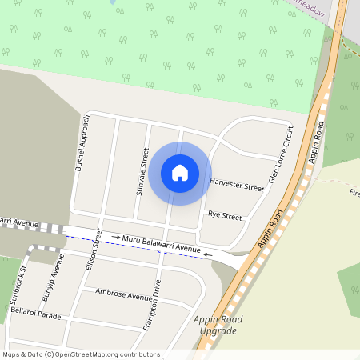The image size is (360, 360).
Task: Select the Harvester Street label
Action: (x=236, y=185)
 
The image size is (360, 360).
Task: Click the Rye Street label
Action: (x=224, y=215)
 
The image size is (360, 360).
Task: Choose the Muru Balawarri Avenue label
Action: (x=161, y=244)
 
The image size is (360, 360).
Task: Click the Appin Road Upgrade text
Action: (x=217, y=325)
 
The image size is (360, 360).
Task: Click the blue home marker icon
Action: (x=180, y=173)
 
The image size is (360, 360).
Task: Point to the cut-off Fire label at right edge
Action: (x=354, y=193)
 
